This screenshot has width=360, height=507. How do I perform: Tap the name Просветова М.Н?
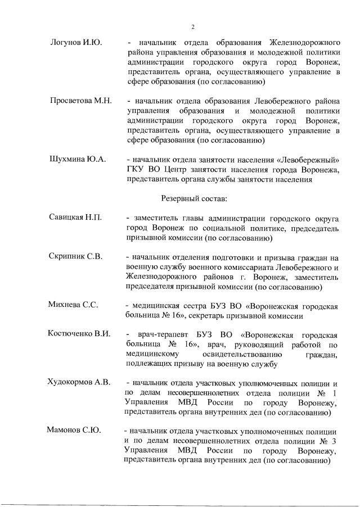pyautogui.click(x=80, y=101)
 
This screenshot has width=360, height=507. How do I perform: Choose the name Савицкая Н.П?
pyautogui.click(x=75, y=218)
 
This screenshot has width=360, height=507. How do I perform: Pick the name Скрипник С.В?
pyautogui.click(x=75, y=257)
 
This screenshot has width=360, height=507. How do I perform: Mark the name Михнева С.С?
pyautogui.click(x=74, y=305)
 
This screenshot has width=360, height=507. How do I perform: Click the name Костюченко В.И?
pyautogui.click(x=79, y=334)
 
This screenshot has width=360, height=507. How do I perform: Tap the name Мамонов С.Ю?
pyautogui.click(x=74, y=431)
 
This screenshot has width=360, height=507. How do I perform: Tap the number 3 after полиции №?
pyautogui.click(x=335, y=441)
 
